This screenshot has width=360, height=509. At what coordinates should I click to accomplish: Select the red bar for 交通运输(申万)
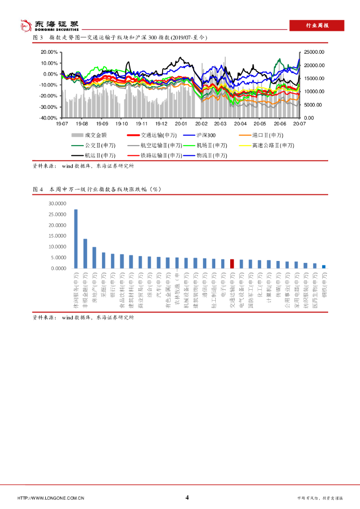click(232, 263)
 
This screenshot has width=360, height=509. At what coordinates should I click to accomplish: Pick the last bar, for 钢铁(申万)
click(324, 266)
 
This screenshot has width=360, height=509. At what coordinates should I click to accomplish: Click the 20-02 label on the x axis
click(201, 123)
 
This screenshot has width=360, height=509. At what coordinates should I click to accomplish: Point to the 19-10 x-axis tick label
click(122, 123)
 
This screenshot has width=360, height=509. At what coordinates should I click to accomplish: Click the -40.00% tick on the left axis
click(48, 118)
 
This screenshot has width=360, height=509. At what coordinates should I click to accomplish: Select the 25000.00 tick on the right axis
click(314, 52)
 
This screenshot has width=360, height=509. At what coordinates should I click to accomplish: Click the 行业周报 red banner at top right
click(317, 26)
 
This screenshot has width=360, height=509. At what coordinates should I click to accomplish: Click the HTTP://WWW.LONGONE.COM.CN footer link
click(51, 498)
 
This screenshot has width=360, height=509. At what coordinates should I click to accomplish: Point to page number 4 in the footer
click(186, 498)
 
